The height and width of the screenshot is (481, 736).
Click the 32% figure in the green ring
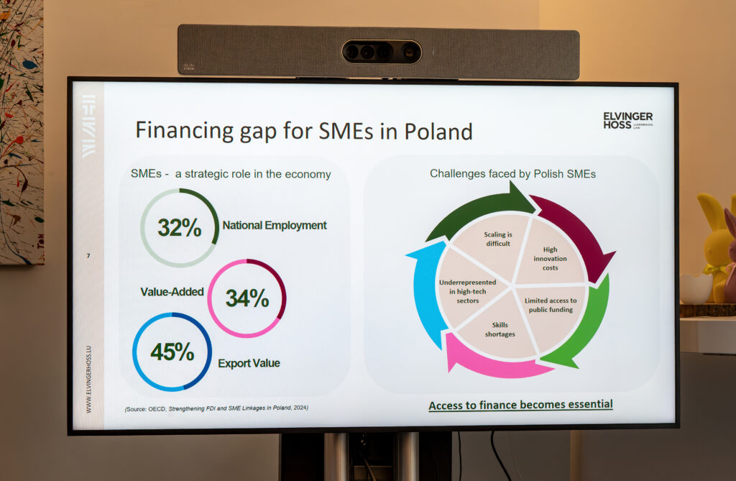tap(179, 228)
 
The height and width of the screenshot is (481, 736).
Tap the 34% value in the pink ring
tap(247, 298)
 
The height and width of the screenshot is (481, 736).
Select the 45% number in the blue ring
tap(172, 352)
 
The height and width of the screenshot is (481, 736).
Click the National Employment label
tap(275, 226)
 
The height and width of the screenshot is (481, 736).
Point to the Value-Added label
tap(172, 292)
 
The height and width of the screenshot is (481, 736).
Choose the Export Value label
tap(249, 363)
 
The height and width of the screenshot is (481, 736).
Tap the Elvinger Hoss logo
tap(627, 120)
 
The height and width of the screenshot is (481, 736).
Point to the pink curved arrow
tap(493, 364)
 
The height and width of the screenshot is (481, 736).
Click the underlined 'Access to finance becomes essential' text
tap(520, 405)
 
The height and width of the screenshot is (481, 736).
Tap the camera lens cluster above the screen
tap(381, 52)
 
